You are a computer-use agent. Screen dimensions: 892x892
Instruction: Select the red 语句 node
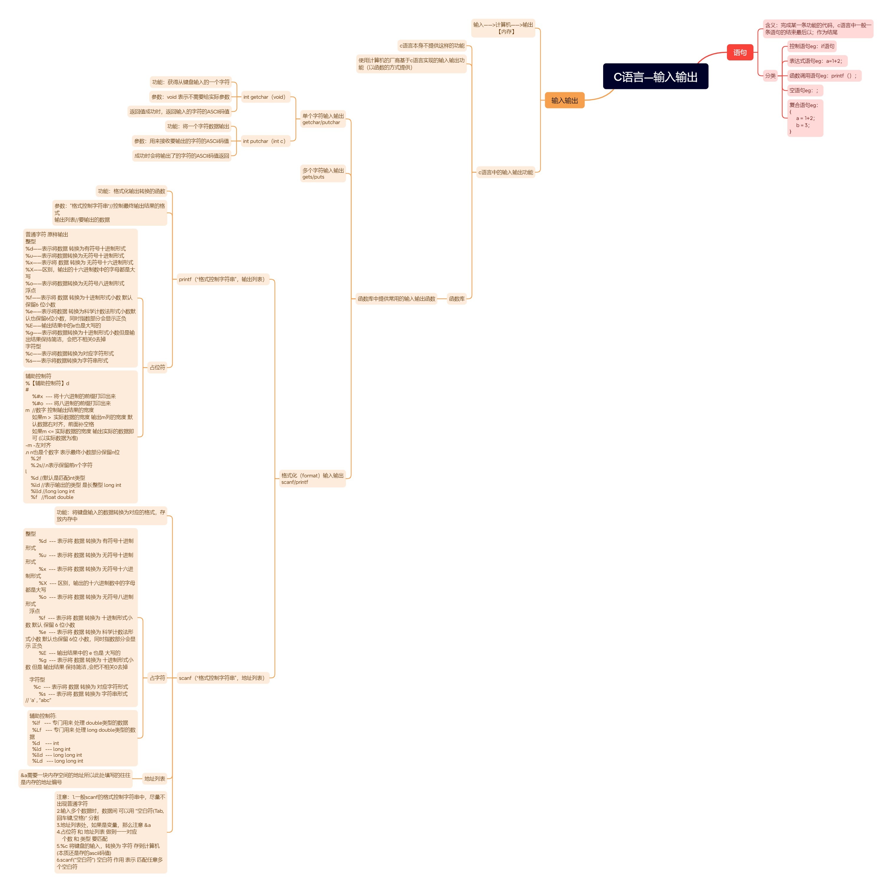coord(740,52)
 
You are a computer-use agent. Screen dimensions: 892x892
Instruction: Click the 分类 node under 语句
coord(770,76)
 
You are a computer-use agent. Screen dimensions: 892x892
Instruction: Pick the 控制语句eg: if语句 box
coord(811,46)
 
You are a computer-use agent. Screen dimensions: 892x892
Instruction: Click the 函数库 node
coord(456,299)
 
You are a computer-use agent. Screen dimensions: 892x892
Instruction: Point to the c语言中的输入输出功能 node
coord(505,172)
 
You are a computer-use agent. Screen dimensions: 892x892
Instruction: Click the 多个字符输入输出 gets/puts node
coord(323,174)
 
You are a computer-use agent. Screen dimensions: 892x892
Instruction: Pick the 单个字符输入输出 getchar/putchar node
coord(323,119)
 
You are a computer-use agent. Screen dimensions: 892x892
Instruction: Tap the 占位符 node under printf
coord(157,367)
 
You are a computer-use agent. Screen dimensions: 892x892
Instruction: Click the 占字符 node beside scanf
coord(157,678)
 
